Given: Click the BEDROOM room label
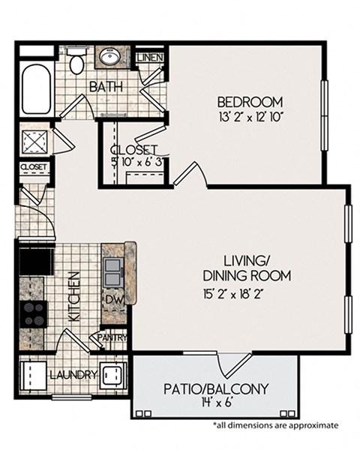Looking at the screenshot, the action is click(250, 102).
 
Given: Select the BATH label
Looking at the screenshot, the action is click(106, 86).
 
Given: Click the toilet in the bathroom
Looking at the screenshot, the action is click(76, 61).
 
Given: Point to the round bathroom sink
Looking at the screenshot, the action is click(111, 56).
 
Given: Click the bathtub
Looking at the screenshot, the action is click(37, 89).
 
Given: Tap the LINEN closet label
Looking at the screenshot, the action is click(150, 58).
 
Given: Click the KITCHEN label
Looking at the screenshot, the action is click(74, 296).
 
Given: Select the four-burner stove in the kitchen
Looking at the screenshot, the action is click(34, 314).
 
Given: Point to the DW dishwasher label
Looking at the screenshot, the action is click(114, 299).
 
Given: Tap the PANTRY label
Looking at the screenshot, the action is click(112, 337).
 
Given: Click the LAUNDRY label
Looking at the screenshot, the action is click(73, 374).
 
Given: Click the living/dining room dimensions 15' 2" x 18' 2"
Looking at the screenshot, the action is click(233, 295).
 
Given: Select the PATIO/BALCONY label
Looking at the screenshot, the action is click(216, 388).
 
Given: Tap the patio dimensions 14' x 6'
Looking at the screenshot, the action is click(216, 403).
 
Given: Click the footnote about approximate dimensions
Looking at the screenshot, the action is click(275, 424).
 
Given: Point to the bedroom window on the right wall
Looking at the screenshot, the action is click(325, 115).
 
